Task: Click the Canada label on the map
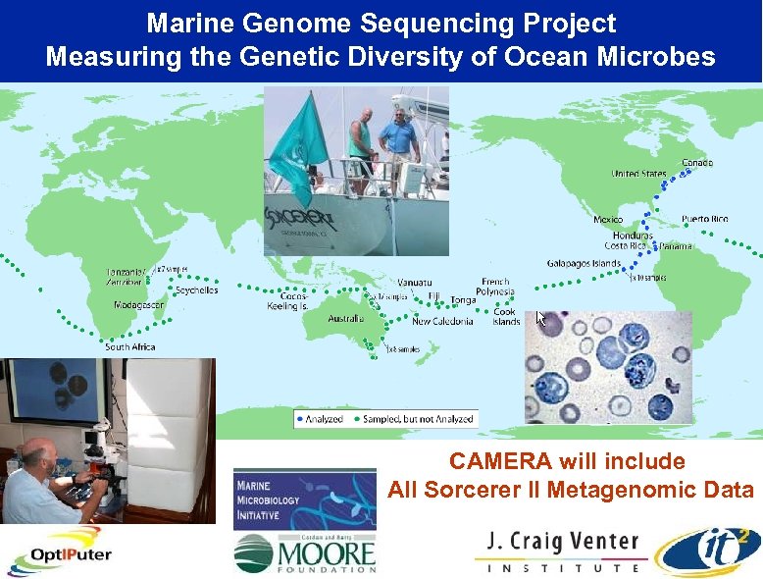tap(697, 162)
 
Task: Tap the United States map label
tap(638, 174)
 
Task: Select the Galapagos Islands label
tap(584, 263)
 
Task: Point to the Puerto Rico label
tap(704, 219)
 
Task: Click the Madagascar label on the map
tap(139, 305)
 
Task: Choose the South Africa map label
tap(130, 346)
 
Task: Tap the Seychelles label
tap(196, 290)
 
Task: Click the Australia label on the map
tap(345, 319)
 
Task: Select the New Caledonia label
tap(442, 321)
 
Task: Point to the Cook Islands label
tap(506, 317)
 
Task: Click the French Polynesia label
tap(495, 287)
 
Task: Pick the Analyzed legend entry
tap(320, 419)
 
